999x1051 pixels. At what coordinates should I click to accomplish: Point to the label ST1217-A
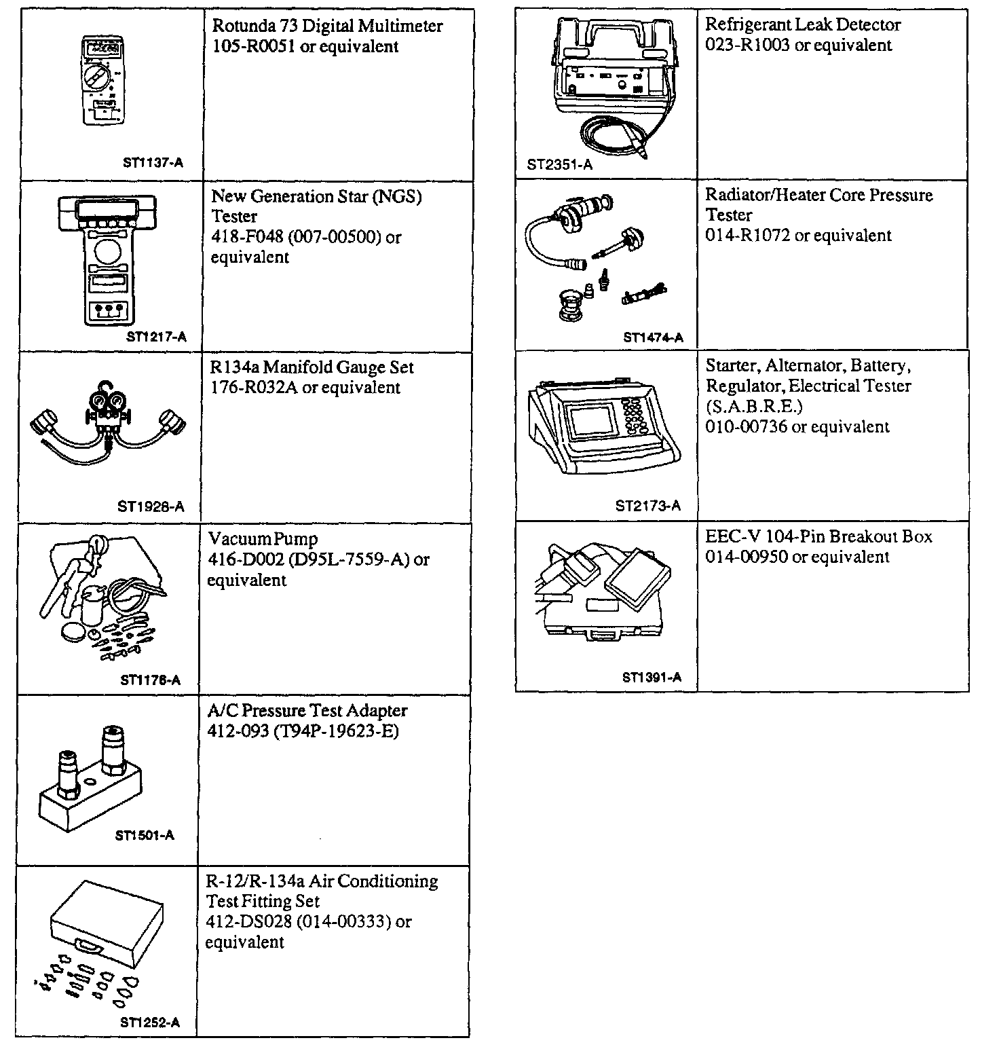tap(156, 337)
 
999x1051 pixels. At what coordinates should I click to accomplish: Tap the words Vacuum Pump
tap(263, 540)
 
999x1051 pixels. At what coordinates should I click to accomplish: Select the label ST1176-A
tap(150, 680)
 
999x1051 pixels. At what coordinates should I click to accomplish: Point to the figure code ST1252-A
tap(150, 1022)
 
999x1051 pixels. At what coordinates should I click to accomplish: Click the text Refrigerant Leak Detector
tap(803, 25)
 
